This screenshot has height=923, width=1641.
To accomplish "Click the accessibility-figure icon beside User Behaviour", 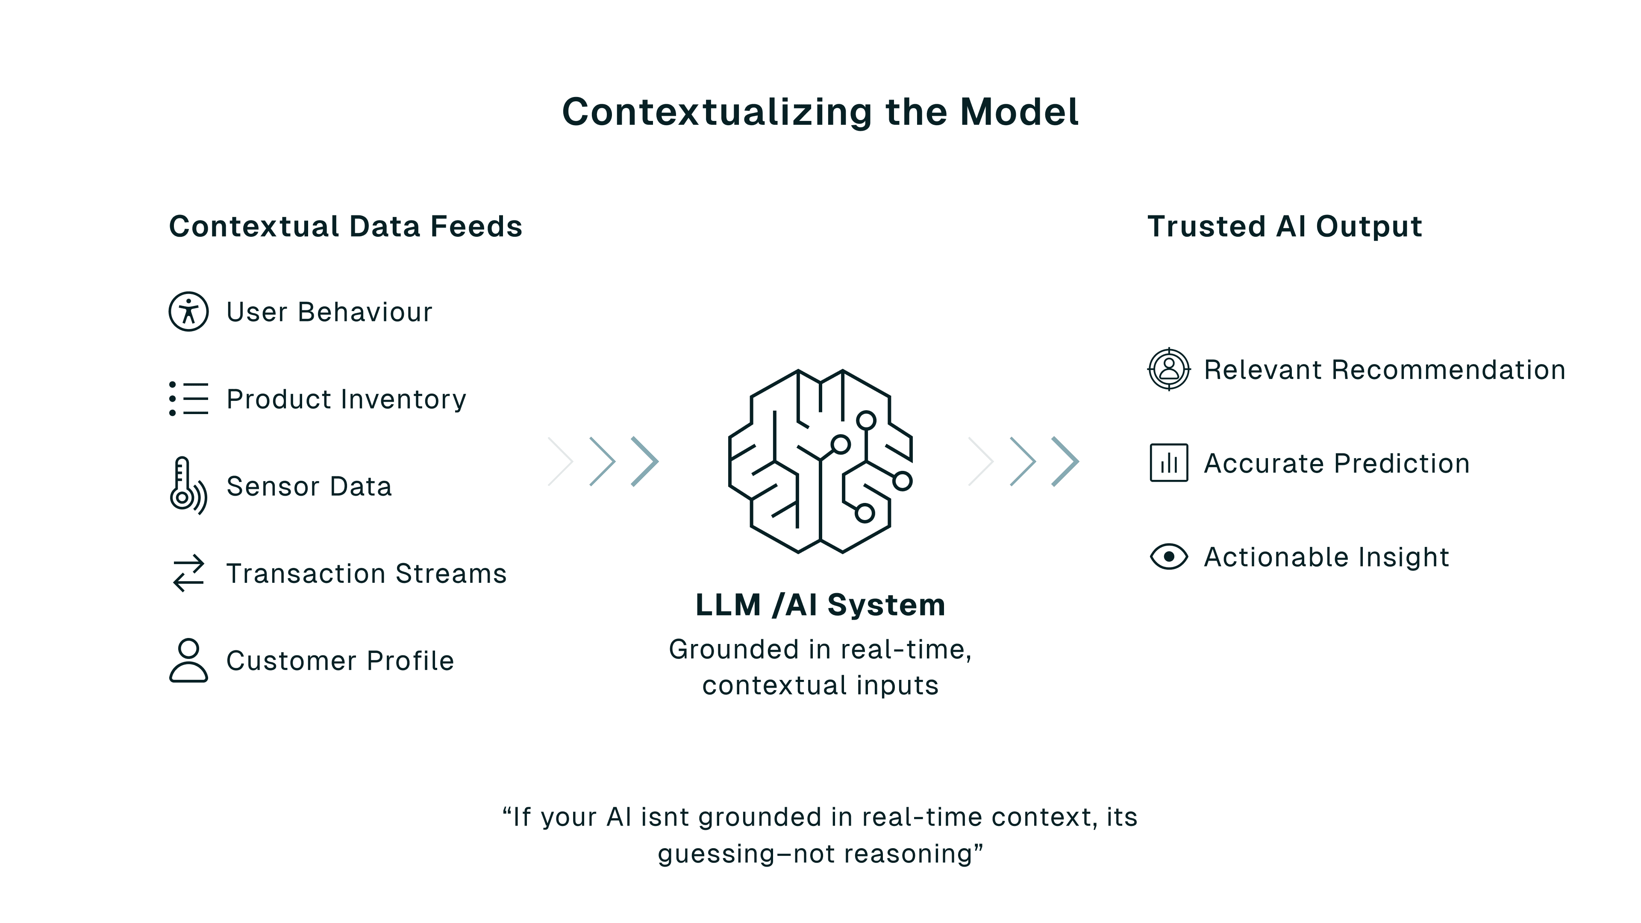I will tap(188, 312).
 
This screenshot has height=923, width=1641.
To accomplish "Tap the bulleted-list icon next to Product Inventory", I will tap(188, 399).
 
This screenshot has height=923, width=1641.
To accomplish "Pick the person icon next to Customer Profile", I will tap(188, 661).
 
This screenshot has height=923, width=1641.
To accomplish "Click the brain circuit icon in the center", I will tap(820, 461).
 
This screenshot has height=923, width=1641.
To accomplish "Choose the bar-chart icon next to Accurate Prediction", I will tap(1168, 462).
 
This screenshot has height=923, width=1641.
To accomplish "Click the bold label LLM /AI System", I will tap(820, 605).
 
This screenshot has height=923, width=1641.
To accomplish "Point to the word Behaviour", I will tap(365, 312).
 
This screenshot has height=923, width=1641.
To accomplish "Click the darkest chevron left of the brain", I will tap(645, 461).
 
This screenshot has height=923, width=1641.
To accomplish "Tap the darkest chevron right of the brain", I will tap(1065, 461).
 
